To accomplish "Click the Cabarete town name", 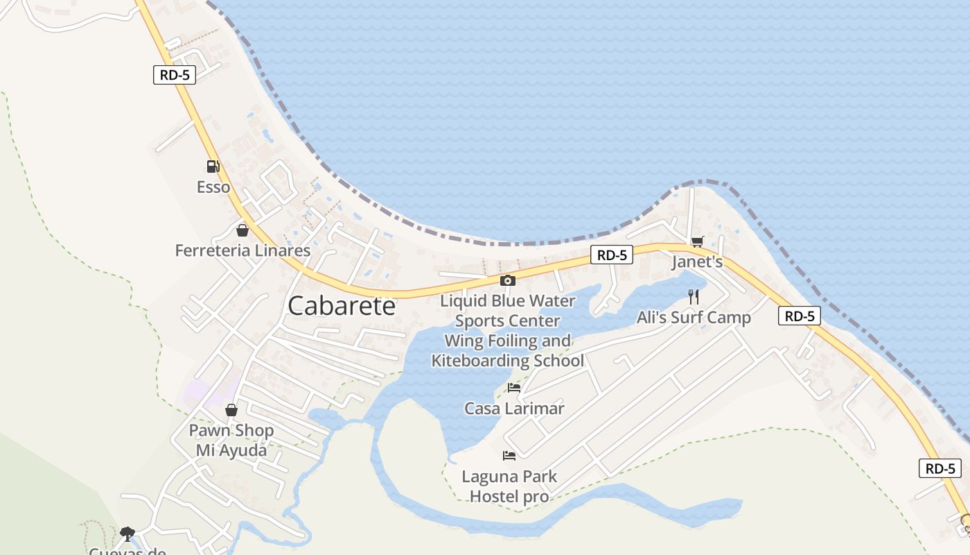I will coord(341,306).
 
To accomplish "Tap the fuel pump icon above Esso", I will coord(213,166).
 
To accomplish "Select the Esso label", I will coord(213,187).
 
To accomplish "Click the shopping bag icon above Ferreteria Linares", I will coord(242,230).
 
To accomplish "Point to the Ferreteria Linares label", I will coord(242,250).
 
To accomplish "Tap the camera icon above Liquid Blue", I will coord(508,281).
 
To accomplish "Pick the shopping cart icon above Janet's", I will coord(697,241).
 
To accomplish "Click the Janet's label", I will coord(697,262).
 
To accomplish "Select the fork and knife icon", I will coord(694,297).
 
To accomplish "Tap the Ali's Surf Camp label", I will coord(694,318).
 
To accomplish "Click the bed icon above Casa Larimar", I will coord(514,388).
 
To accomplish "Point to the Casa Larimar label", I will coord(514,409).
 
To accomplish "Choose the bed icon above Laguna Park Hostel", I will coord(509,456).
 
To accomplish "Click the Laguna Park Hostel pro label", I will coord(509,486).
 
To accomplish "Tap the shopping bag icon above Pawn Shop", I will coord(231,411).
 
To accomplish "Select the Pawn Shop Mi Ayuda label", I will coord(231,441).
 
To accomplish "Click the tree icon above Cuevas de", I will coord(127,533).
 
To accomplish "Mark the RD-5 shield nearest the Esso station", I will coord(174,75).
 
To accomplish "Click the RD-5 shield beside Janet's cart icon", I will coord(612,255).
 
